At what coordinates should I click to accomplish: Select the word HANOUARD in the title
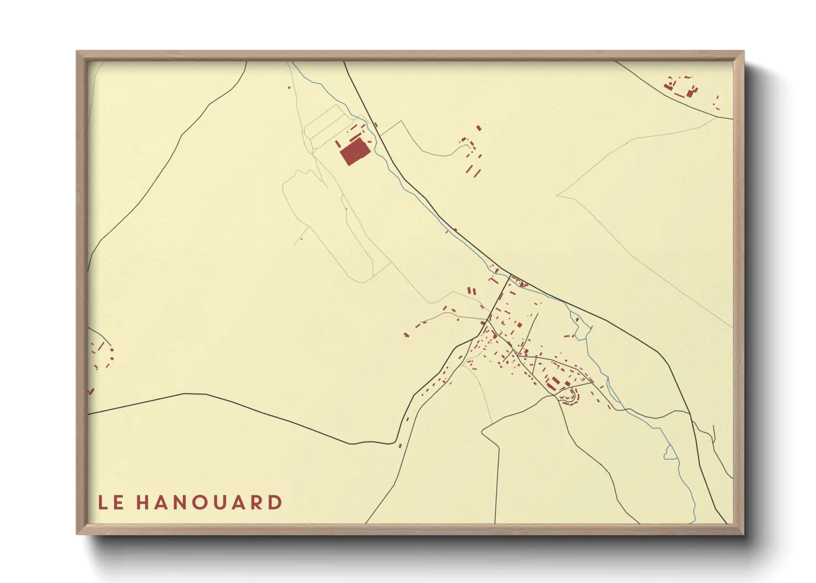click(x=210, y=503)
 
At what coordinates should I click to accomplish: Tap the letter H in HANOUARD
click(x=143, y=503)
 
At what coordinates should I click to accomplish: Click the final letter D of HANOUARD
click(x=275, y=503)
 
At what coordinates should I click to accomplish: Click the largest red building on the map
click(x=354, y=152)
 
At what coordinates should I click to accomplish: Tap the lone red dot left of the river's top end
click(x=289, y=88)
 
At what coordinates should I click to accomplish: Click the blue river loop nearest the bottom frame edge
click(x=670, y=452)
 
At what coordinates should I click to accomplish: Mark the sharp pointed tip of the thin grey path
click(x=557, y=195)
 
